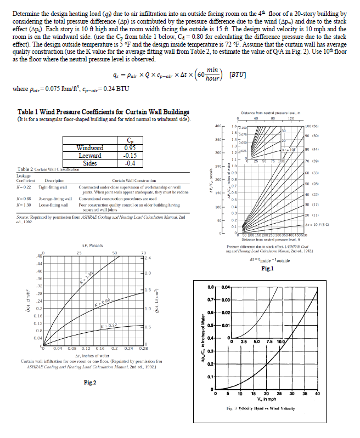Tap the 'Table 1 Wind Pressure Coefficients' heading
(x=97, y=112)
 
